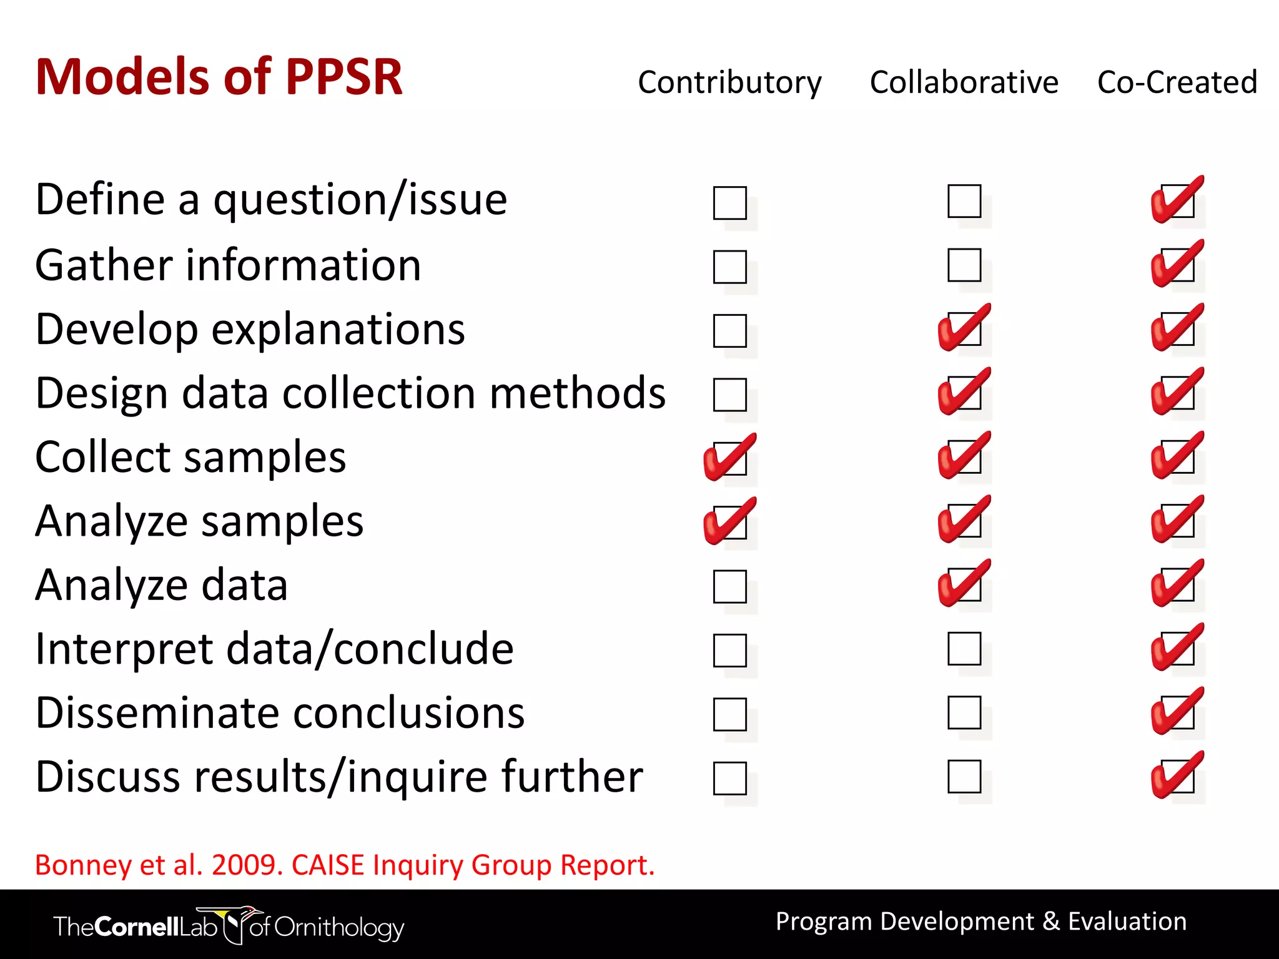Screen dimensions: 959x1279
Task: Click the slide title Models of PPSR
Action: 219,77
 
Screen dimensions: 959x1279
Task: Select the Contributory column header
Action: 729,83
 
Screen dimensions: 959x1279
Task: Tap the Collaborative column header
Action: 964,82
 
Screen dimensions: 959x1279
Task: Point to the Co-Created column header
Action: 1177,82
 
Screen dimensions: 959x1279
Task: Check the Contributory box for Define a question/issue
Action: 729,203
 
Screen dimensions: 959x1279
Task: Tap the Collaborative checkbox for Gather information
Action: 964,265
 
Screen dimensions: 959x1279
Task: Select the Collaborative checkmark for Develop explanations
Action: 964,328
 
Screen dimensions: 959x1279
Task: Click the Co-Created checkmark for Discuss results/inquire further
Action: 1177,776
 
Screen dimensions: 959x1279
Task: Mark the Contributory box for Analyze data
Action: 729,586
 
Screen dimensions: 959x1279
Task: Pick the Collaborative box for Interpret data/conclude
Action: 964,649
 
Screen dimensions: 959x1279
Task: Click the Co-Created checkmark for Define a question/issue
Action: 1177,200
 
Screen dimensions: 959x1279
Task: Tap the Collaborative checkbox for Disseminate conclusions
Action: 964,712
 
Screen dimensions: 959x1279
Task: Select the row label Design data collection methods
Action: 350,393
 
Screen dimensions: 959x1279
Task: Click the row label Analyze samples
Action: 199,521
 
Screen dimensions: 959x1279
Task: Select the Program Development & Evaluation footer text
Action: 980,922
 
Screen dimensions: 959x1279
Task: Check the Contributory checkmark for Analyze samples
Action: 729,522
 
